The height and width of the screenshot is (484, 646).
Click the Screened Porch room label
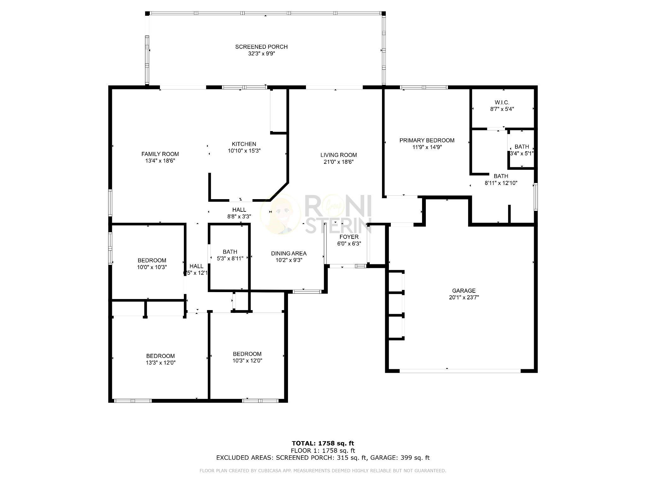click(x=261, y=47)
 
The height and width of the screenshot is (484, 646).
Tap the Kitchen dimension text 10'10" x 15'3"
click(x=244, y=151)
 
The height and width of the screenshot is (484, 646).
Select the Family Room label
click(x=160, y=154)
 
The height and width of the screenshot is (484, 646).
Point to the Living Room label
click(x=338, y=155)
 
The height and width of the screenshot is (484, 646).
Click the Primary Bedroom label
click(x=427, y=140)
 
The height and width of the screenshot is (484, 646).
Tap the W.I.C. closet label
click(x=502, y=102)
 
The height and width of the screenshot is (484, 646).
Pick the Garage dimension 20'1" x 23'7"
click(x=464, y=297)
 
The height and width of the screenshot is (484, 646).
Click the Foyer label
click(x=349, y=237)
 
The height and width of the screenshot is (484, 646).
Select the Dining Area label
click(x=289, y=253)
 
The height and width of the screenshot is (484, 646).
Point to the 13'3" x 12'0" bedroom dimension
click(x=160, y=363)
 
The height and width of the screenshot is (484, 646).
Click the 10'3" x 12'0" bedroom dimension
click(x=247, y=360)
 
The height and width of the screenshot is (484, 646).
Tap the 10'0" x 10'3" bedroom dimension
click(x=152, y=267)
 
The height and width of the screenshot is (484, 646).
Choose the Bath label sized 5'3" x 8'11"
click(x=230, y=252)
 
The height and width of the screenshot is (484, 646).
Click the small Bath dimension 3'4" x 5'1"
click(x=522, y=153)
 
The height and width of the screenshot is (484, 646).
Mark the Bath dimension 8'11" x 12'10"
click(x=501, y=183)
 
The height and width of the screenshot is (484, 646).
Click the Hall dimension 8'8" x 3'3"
click(x=239, y=216)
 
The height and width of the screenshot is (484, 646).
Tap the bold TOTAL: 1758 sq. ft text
click(x=323, y=443)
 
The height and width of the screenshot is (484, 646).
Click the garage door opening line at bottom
click(x=460, y=371)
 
